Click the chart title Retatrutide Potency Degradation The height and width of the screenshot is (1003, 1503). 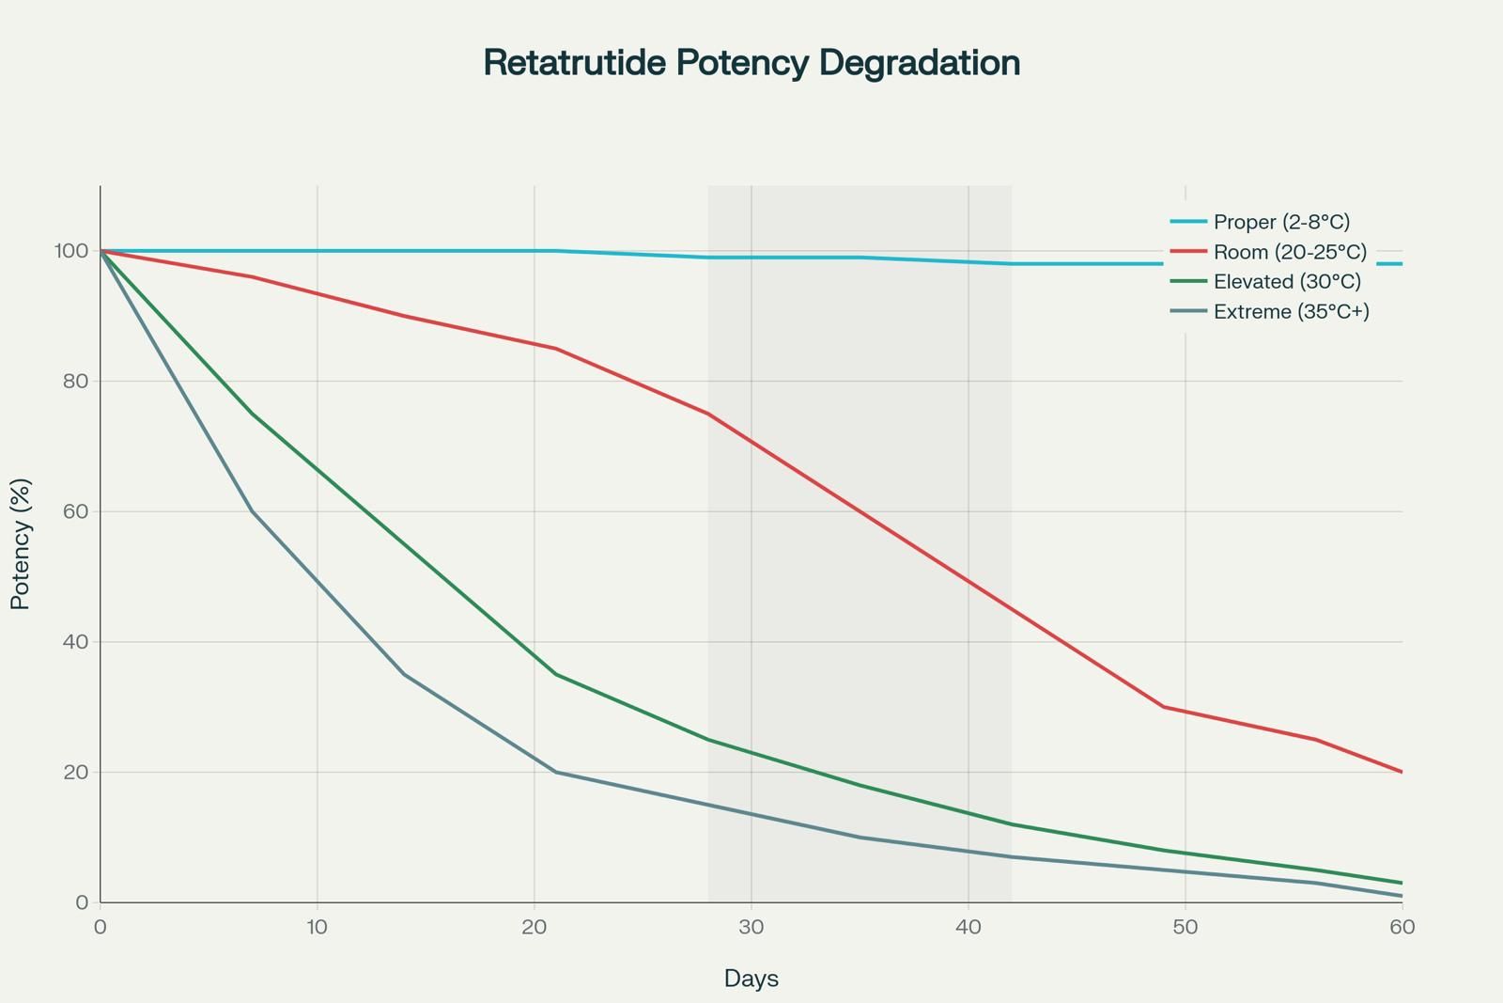[751, 63]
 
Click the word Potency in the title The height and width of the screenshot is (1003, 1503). [742, 63]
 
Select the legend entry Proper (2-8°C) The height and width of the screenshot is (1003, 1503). [1260, 222]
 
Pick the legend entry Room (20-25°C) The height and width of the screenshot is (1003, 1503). [1268, 252]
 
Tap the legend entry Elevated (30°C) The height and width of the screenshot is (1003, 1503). [1265, 281]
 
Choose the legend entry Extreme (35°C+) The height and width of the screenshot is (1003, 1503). [1269, 311]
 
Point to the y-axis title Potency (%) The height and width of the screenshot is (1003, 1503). [20, 543]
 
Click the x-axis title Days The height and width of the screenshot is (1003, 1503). [751, 979]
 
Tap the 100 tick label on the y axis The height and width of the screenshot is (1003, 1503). [71, 251]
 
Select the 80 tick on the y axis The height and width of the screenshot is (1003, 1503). [76, 382]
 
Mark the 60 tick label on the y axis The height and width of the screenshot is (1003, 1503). [76, 511]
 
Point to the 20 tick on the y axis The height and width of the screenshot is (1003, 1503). [76, 772]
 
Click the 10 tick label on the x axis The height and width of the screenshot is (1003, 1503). [317, 927]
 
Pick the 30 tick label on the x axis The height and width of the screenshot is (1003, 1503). [751, 927]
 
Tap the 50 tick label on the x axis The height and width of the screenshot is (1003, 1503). [1185, 927]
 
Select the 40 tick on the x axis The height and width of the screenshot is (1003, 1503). [968, 927]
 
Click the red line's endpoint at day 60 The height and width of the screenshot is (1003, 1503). [1402, 772]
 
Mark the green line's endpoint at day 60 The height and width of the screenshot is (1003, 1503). [1402, 883]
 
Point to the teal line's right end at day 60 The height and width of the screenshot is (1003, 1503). [1402, 264]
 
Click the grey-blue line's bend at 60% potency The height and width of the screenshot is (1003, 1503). [253, 511]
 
